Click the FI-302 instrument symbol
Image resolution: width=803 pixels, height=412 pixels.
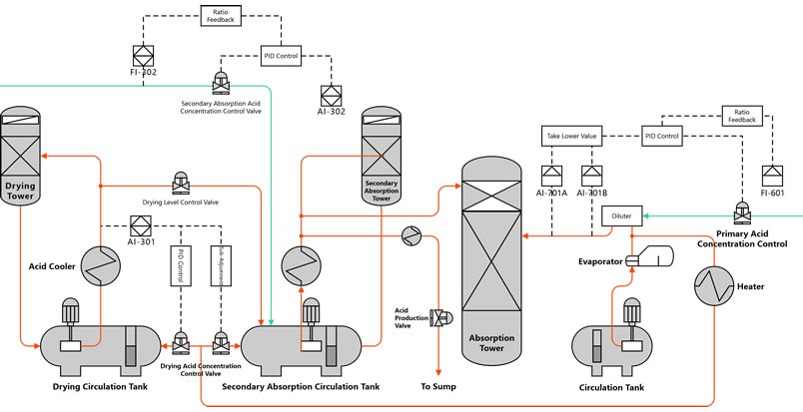pyautogui.click(x=141, y=55)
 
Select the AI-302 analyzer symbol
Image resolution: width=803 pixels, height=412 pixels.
pyautogui.click(x=332, y=95)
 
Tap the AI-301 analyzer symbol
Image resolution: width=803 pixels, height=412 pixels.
pyautogui.click(x=140, y=224)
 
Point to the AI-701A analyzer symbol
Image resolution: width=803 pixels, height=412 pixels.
pyautogui.click(x=550, y=176)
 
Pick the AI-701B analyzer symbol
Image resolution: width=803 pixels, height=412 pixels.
pyautogui.click(x=591, y=176)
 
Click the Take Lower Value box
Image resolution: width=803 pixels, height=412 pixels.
pyautogui.click(x=571, y=136)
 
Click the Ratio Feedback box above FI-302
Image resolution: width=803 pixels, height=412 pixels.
pyautogui.click(x=221, y=15)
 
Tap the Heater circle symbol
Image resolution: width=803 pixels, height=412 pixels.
pyautogui.click(x=714, y=286)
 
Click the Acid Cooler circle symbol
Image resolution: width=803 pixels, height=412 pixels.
pyautogui.click(x=100, y=264)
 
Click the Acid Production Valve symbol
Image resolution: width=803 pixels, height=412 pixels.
pyautogui.click(x=437, y=316)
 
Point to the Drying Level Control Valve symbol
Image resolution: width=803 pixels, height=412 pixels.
pyautogui.click(x=181, y=184)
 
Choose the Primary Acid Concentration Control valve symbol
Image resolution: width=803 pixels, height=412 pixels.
pyautogui.click(x=742, y=212)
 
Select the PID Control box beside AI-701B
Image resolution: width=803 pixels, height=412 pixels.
pyautogui.click(x=661, y=136)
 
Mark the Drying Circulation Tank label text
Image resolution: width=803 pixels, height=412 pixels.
pyautogui.click(x=100, y=385)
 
